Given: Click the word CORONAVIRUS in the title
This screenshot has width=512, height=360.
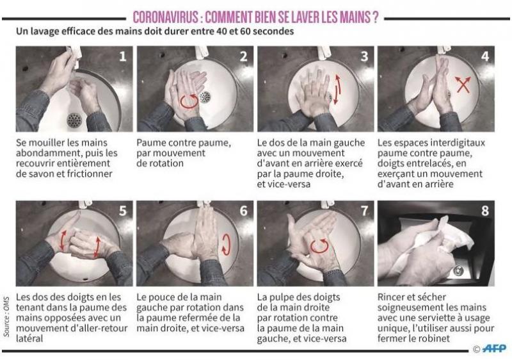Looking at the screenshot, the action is (165, 17).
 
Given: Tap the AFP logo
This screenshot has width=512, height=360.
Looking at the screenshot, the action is (494, 348).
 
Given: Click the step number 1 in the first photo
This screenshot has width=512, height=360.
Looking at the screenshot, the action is (122, 56).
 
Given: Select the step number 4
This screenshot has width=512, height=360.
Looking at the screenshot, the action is (485, 56).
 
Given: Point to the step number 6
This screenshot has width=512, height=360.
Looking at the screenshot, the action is (244, 211).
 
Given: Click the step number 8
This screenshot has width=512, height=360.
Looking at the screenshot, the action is (485, 211).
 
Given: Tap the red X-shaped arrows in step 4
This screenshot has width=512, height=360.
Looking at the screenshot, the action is (463, 85).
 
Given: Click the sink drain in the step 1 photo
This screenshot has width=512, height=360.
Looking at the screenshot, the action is (74, 120).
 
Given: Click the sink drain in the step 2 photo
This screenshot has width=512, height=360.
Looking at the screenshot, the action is (205, 97).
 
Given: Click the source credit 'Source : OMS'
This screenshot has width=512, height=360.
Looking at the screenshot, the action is (6, 316).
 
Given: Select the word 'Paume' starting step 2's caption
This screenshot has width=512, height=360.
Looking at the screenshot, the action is (151, 143).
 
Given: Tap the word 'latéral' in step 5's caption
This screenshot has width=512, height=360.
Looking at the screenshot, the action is (29, 338).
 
